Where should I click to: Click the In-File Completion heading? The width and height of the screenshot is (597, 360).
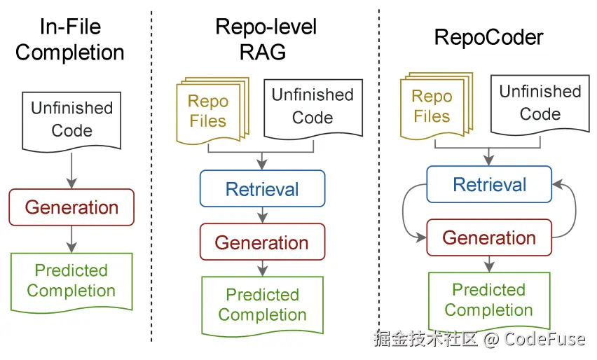point(70,40)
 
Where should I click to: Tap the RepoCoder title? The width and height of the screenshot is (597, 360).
point(488,37)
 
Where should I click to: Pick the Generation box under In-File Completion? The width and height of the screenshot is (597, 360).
point(71,207)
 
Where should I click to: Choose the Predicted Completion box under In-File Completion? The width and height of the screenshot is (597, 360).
point(71,280)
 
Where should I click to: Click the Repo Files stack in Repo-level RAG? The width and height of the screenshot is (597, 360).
point(210,111)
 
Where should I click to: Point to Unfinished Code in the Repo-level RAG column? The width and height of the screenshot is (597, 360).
point(313,106)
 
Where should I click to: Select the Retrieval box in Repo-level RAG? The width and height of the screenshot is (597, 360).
point(262,189)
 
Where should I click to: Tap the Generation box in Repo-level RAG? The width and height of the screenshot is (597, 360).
point(262,242)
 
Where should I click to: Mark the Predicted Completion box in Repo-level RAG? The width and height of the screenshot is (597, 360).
point(262,305)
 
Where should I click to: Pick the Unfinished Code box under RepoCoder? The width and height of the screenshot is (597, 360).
point(540,103)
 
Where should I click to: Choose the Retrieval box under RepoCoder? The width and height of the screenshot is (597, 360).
point(489,185)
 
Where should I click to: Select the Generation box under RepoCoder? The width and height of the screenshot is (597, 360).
point(489,237)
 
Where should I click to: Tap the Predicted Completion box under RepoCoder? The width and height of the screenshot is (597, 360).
point(488,300)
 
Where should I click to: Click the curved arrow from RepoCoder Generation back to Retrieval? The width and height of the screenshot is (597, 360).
point(572,210)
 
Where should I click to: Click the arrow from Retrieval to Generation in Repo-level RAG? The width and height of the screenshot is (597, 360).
point(262,215)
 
